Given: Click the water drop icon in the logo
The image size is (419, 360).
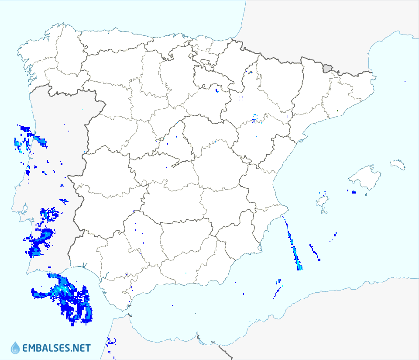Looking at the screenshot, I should [x=15, y=348].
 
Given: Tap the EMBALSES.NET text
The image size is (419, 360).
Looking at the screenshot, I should [x=56, y=348].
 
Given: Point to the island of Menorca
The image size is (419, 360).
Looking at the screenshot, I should [x=398, y=164].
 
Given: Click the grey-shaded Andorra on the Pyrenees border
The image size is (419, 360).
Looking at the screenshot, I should [x=327, y=68].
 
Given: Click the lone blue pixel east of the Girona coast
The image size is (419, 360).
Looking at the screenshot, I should [x=405, y=82].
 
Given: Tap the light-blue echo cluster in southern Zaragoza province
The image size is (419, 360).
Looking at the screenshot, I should [x=255, y=118].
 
